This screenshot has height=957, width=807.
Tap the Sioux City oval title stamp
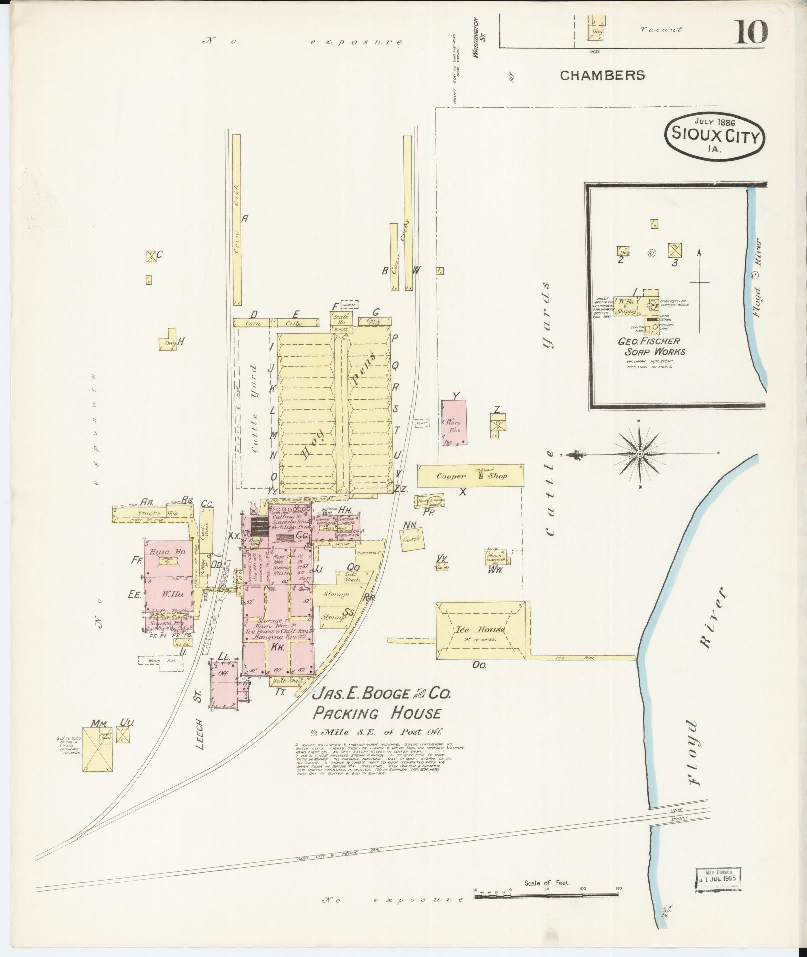715,136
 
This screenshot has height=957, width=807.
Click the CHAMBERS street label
602,75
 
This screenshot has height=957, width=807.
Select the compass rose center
639,454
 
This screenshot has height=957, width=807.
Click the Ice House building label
479,629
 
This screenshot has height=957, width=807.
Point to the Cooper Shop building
470,476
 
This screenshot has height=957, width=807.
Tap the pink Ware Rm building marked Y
454,423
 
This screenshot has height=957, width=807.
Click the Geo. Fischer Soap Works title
649,346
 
